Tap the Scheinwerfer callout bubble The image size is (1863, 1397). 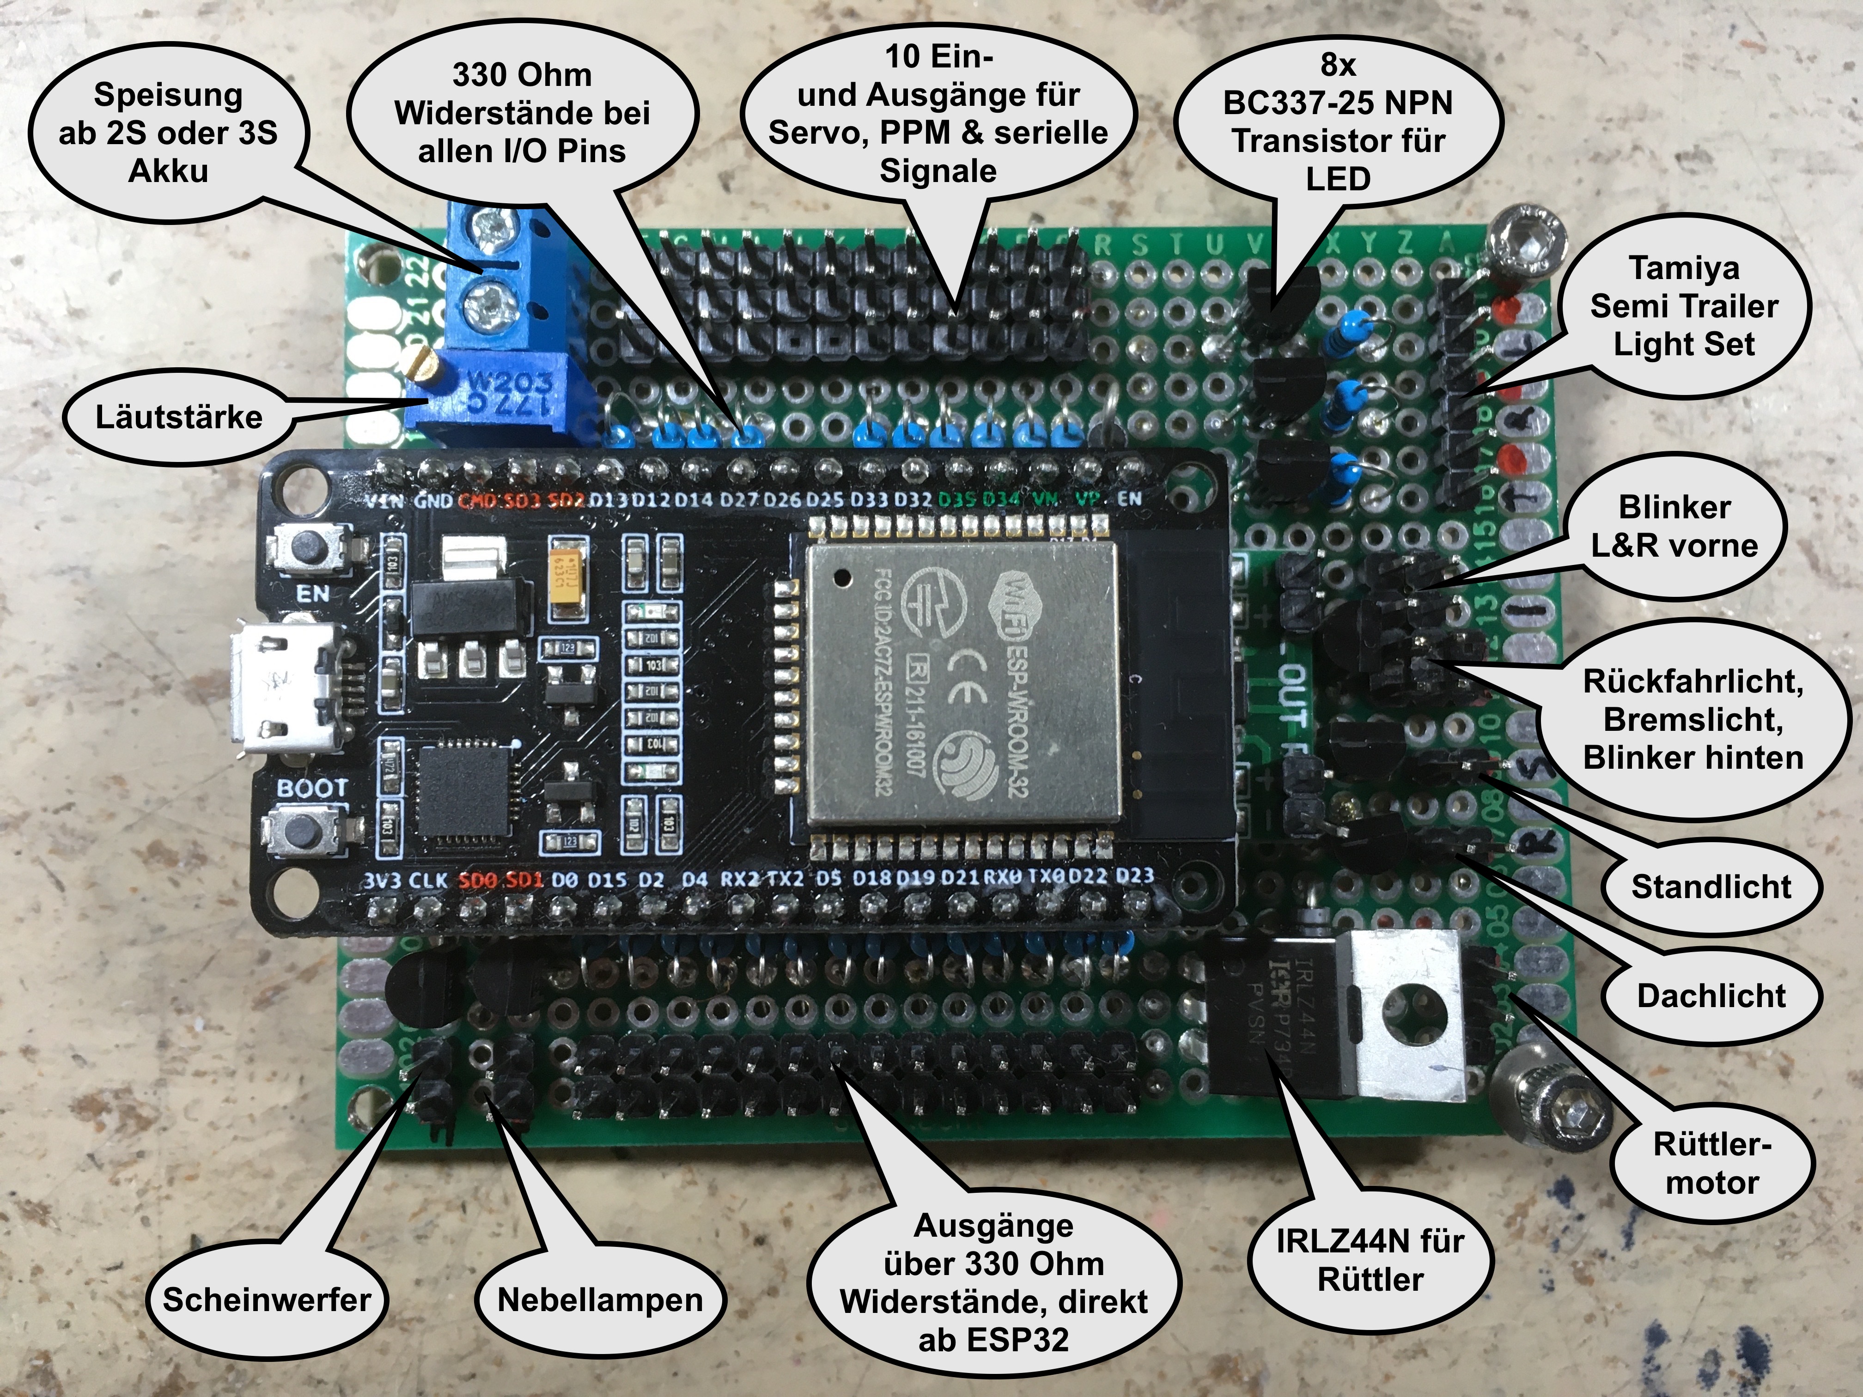tap(266, 1300)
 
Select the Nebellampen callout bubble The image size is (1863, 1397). tap(600, 1300)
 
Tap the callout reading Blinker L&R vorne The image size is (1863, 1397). tap(1674, 526)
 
